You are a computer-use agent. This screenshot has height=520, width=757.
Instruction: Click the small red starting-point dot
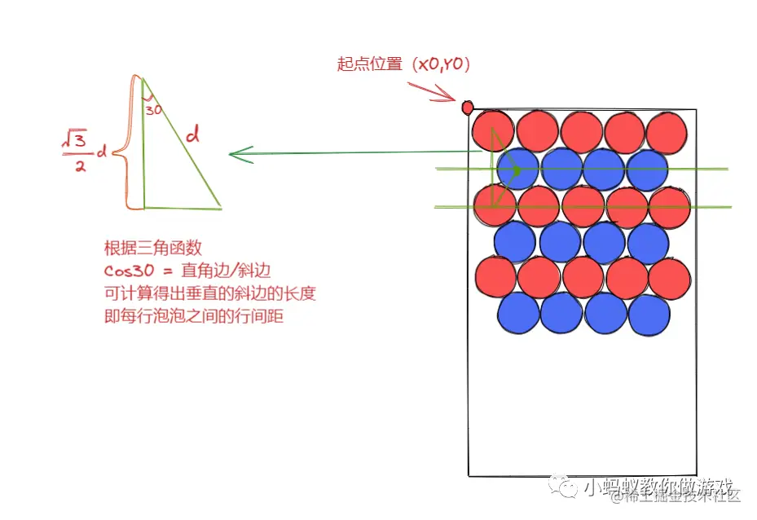(468, 108)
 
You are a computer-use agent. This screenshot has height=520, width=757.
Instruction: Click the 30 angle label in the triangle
(153, 108)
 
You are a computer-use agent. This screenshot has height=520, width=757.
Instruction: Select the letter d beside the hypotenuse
(192, 136)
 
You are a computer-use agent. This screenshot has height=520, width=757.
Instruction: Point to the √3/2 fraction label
(74, 153)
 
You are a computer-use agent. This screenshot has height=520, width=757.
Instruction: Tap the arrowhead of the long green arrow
(235, 154)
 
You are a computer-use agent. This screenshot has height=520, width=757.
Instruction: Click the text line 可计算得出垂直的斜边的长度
(209, 294)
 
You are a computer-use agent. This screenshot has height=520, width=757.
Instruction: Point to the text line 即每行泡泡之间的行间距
(193, 317)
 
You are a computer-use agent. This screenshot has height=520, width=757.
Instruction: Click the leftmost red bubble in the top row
(493, 130)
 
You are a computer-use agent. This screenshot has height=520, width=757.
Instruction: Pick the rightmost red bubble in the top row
(667, 131)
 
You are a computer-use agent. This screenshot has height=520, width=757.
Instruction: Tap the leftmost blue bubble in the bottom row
(518, 313)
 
